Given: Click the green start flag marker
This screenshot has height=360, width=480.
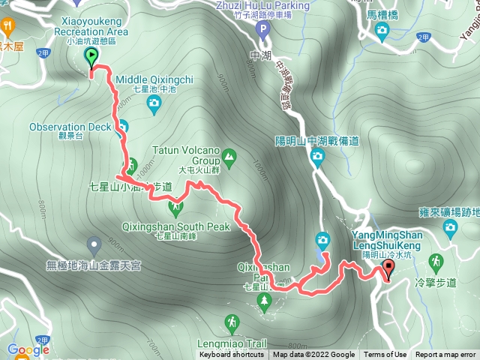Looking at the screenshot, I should click(x=92, y=58).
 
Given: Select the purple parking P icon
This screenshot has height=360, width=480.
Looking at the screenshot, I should click(x=262, y=31).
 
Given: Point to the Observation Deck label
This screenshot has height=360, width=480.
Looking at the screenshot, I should click(x=70, y=127).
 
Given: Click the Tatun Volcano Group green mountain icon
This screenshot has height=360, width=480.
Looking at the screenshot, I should click(x=229, y=157).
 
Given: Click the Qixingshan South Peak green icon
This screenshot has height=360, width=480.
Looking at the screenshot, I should click(x=177, y=205).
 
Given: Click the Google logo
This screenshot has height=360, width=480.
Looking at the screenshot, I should click(x=28, y=350).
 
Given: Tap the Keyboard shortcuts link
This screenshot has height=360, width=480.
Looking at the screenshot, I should click(x=232, y=355).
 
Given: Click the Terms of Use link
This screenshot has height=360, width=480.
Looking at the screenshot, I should click(x=385, y=355).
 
